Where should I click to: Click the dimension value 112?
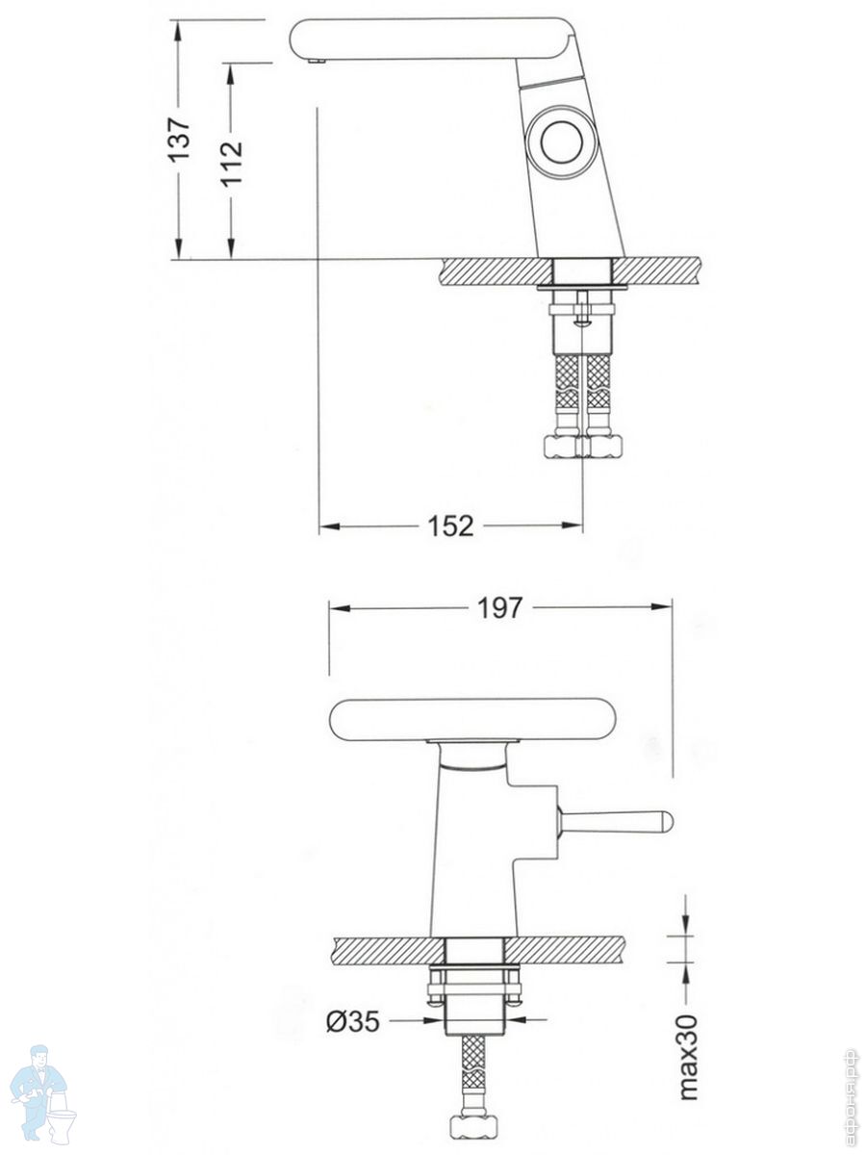tap(231, 163)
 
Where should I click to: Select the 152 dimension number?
tap(450, 526)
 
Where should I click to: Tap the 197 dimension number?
tap(500, 607)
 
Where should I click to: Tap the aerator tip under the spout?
tap(317, 61)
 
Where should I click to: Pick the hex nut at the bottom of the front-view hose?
tap(473, 1130)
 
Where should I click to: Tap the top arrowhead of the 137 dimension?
tap(179, 32)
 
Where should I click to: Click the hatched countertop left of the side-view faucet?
tap(495, 271)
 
